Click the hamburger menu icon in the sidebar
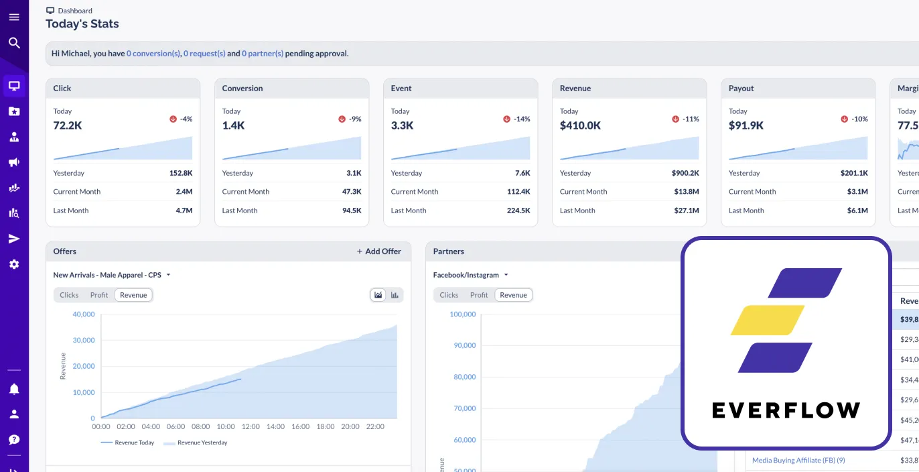(14, 17)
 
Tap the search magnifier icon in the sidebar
(14, 44)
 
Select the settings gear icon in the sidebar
(14, 264)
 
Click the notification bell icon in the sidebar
(14, 389)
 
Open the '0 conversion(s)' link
(153, 54)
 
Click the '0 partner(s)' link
(263, 54)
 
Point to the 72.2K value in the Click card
(68, 125)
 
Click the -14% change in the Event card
(521, 119)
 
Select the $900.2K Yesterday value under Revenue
(685, 173)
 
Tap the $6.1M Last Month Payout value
(857, 211)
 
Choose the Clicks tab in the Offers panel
(69, 295)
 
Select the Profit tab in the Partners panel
(479, 295)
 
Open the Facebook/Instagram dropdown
(470, 275)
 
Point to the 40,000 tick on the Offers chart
(84, 314)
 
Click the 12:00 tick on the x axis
(251, 426)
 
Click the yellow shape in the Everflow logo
(767, 320)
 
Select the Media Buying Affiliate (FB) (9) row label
(798, 461)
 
